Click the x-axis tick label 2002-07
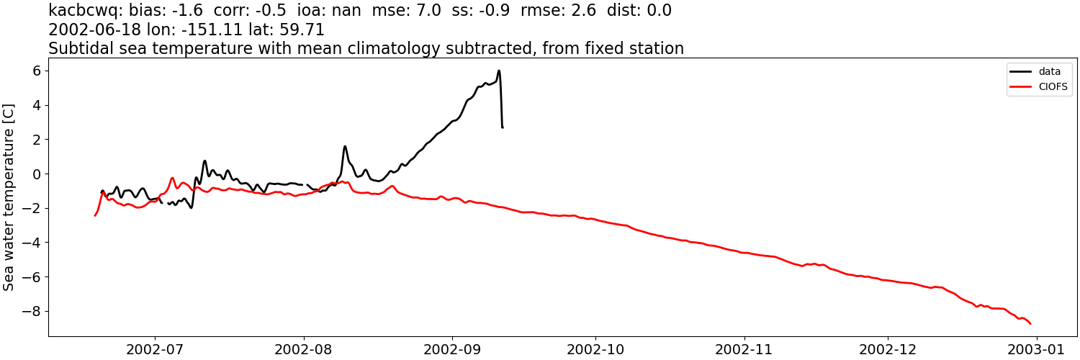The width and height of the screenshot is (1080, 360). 154,349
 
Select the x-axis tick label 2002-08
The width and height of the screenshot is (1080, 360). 303,349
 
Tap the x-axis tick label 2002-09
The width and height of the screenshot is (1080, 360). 452,349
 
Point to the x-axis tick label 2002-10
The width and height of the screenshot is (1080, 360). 596,349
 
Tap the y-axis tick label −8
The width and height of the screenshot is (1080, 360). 31,312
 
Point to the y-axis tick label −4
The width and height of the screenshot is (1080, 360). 31,243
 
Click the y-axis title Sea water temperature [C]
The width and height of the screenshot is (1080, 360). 9,197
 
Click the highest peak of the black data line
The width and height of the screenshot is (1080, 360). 498,71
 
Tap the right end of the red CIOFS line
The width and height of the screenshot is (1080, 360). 1030,323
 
